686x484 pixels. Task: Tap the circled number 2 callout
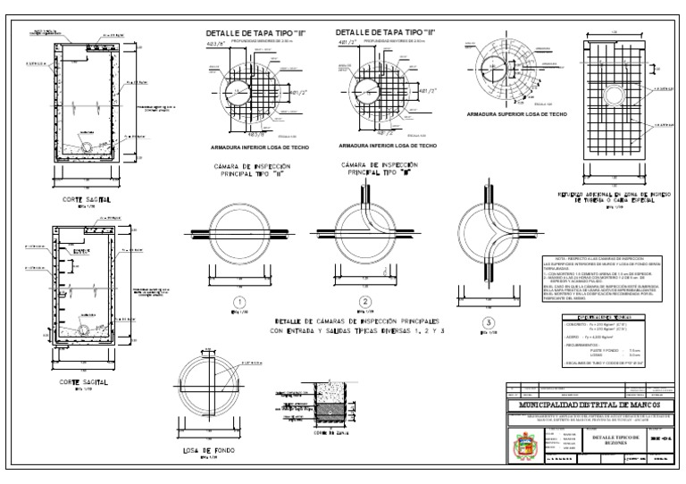(364, 301)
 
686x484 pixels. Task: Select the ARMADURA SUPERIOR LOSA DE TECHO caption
(510, 114)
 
